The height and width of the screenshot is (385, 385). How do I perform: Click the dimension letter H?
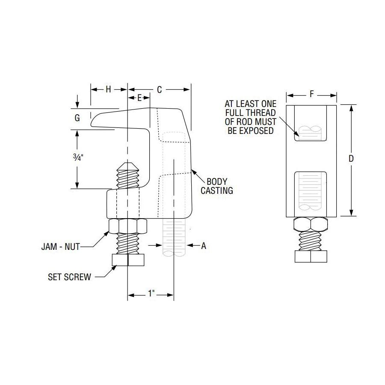pyautogui.click(x=109, y=89)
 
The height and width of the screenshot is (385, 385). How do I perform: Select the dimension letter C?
pyautogui.click(x=159, y=89)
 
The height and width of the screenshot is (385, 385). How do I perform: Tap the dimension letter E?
pyautogui.click(x=139, y=98)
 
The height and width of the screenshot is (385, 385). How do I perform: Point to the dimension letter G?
pyautogui.click(x=77, y=118)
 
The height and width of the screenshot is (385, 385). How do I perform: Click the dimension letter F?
pyautogui.click(x=311, y=94)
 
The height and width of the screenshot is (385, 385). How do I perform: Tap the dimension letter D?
pyautogui.click(x=351, y=159)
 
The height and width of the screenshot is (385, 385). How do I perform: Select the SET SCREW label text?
pyautogui.click(x=69, y=277)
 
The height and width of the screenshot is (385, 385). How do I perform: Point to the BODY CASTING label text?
pyautogui.click(x=217, y=186)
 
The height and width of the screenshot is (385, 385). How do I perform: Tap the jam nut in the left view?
pyautogui.click(x=128, y=225)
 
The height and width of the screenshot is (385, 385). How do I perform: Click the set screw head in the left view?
pyautogui.click(x=127, y=260)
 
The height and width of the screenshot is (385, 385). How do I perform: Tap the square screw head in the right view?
pyautogui.click(x=311, y=256)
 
